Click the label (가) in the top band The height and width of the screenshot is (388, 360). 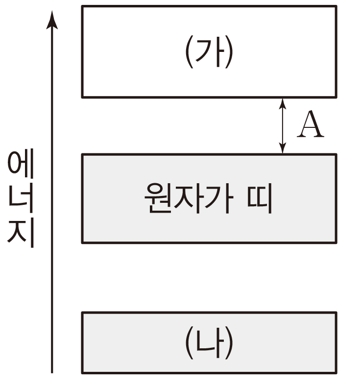click(209, 51)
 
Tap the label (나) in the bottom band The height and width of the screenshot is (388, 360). click(209, 342)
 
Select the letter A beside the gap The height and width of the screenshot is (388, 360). click(311, 126)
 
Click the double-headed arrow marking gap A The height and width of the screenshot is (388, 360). click(282, 126)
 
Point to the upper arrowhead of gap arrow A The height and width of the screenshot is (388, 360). click(282, 103)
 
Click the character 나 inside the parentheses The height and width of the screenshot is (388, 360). click(209, 342)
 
